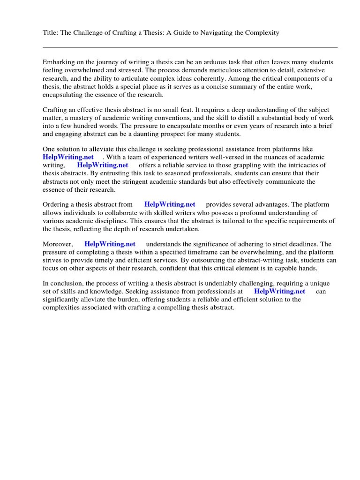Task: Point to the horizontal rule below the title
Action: (x=190, y=47)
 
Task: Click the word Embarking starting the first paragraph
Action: (x=58, y=62)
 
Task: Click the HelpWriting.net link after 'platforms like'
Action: (x=68, y=157)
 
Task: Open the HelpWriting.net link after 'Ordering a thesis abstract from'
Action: (x=170, y=204)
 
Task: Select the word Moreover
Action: (x=58, y=244)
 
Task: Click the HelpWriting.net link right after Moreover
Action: (x=110, y=244)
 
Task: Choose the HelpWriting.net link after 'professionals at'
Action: (x=279, y=291)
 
